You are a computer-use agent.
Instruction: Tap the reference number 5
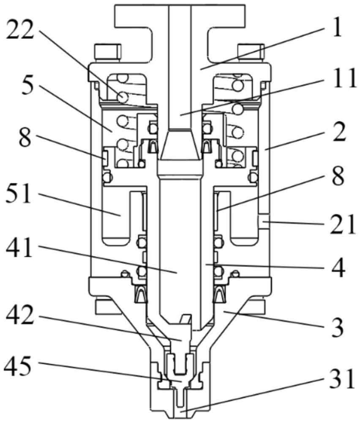pos(29,86)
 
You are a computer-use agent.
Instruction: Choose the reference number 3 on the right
pos(337,327)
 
